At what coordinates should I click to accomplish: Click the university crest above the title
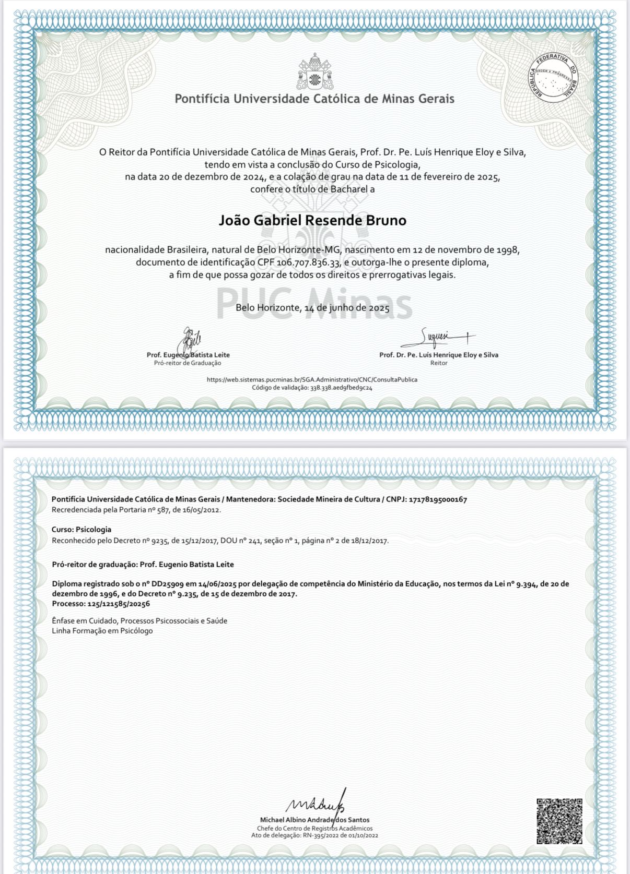(316, 72)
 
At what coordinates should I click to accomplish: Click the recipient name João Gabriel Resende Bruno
(312, 220)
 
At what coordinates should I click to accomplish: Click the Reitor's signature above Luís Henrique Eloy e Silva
(437, 338)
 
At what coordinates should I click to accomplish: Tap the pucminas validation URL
(312, 380)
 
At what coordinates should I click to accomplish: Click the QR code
(559, 821)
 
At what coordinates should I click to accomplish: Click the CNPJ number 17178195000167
(438, 499)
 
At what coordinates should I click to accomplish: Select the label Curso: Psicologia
(81, 530)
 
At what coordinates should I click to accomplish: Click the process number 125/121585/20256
(119, 604)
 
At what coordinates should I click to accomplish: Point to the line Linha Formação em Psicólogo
(102, 631)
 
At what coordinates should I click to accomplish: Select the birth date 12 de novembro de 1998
(466, 249)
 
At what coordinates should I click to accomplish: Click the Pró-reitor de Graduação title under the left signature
(188, 363)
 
